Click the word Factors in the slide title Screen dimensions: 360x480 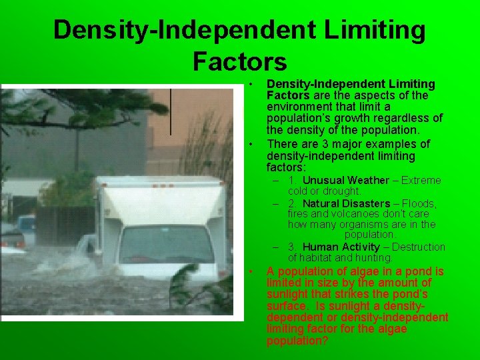click(x=239, y=61)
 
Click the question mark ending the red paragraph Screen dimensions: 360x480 click(x=325, y=341)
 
